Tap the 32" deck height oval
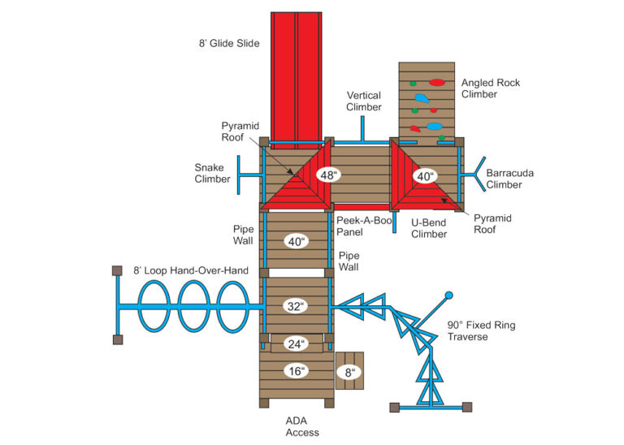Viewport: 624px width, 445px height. (x=295, y=306)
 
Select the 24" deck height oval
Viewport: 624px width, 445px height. (x=295, y=343)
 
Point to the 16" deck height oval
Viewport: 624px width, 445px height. (x=295, y=371)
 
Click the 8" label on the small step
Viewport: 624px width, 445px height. (x=351, y=372)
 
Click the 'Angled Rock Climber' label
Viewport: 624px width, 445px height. (x=490, y=89)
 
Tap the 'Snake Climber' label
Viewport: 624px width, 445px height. (x=213, y=174)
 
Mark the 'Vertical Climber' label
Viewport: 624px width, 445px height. (x=363, y=101)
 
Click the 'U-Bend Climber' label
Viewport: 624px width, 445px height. (x=429, y=228)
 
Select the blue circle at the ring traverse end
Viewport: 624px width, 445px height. (x=448, y=295)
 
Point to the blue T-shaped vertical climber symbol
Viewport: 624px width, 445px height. (x=363, y=130)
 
